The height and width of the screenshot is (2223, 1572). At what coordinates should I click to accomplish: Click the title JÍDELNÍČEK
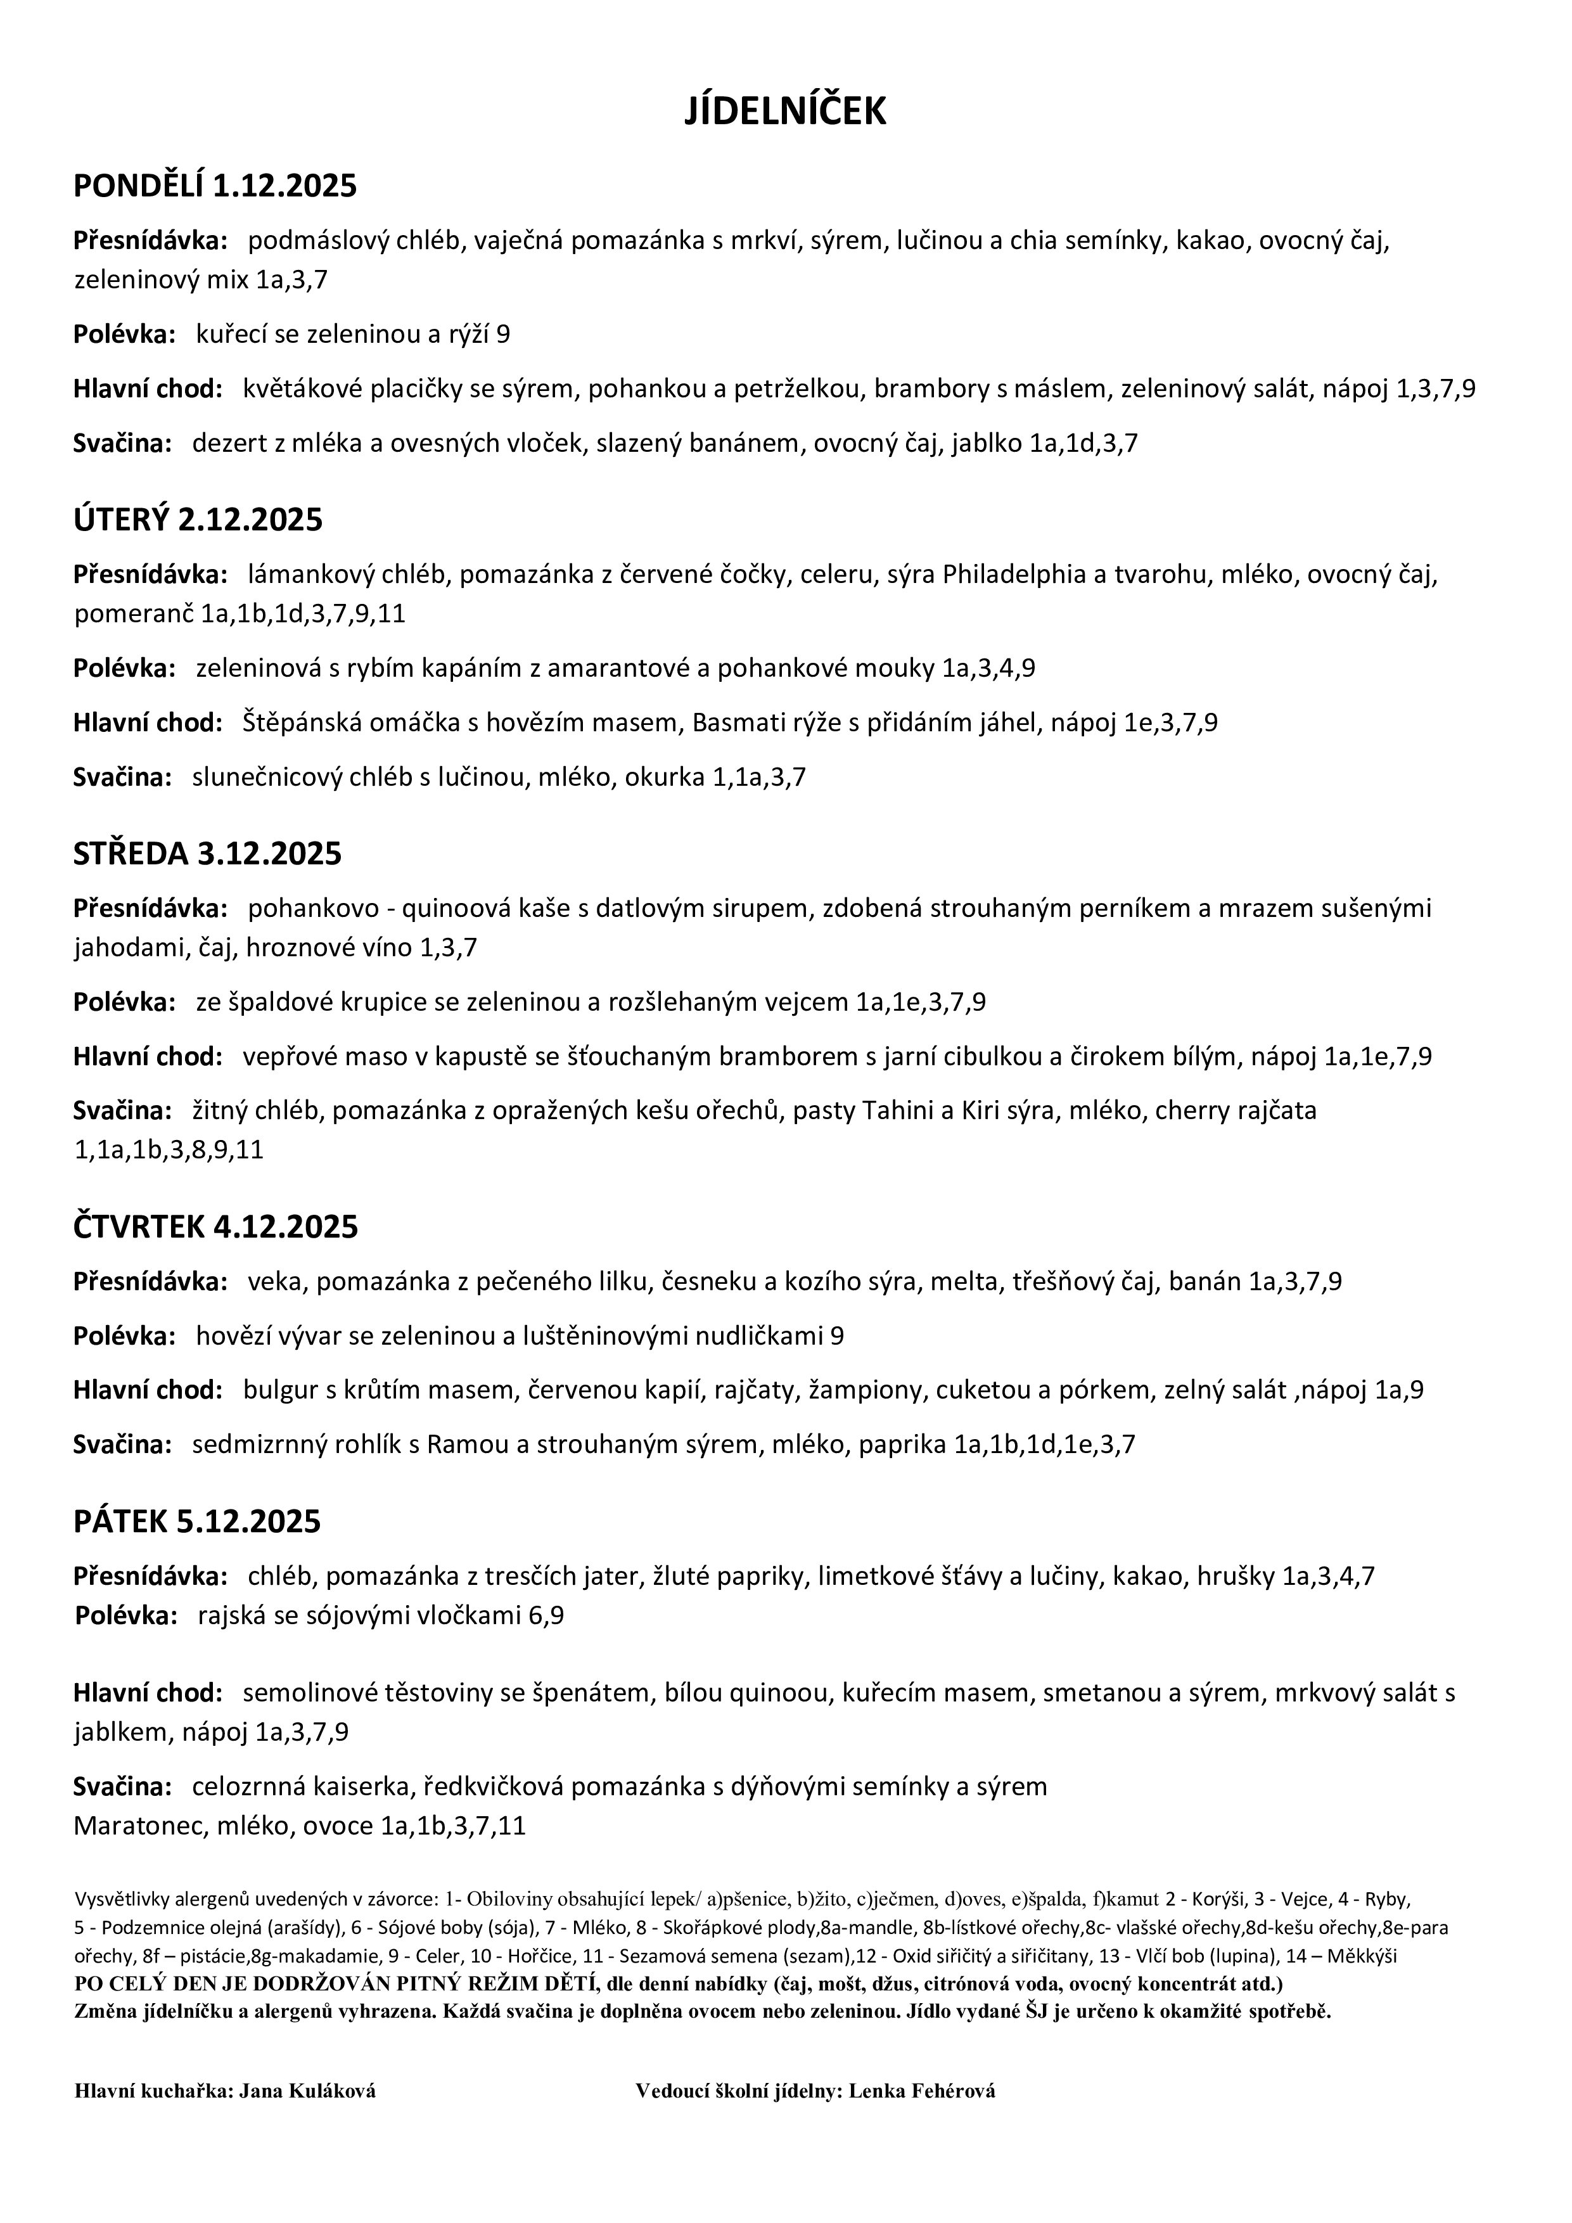[x=785, y=112]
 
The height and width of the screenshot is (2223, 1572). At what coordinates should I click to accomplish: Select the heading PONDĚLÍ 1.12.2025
[x=215, y=186]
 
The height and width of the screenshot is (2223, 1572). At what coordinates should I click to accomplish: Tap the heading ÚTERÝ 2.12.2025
[x=198, y=520]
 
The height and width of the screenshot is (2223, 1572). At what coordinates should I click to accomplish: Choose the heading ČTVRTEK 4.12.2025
[x=215, y=1227]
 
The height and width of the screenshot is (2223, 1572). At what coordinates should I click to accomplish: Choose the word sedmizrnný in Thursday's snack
[x=253, y=1445]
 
